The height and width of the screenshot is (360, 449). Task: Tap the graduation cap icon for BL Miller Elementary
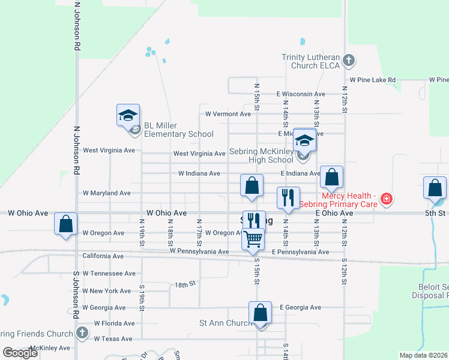[x=128, y=115]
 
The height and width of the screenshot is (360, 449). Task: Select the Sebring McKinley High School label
[x=262, y=156]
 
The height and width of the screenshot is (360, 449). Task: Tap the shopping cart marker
[x=253, y=239]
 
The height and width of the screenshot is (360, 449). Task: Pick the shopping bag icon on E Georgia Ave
[x=260, y=313]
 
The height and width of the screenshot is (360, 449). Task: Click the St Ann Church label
[x=225, y=323]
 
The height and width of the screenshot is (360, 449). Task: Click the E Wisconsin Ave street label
[x=301, y=94]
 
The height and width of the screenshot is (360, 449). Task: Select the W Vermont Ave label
[x=228, y=113]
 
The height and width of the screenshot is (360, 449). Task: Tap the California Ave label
[x=103, y=256]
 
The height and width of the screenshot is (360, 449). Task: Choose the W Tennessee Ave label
[x=109, y=274]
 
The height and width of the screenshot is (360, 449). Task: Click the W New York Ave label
[x=107, y=291]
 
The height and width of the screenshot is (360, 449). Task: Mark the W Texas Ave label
[x=113, y=339]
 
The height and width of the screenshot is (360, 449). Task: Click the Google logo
[x=20, y=352]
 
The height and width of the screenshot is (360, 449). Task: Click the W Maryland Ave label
[x=106, y=193]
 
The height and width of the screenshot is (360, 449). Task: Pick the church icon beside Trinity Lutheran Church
[x=349, y=61]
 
